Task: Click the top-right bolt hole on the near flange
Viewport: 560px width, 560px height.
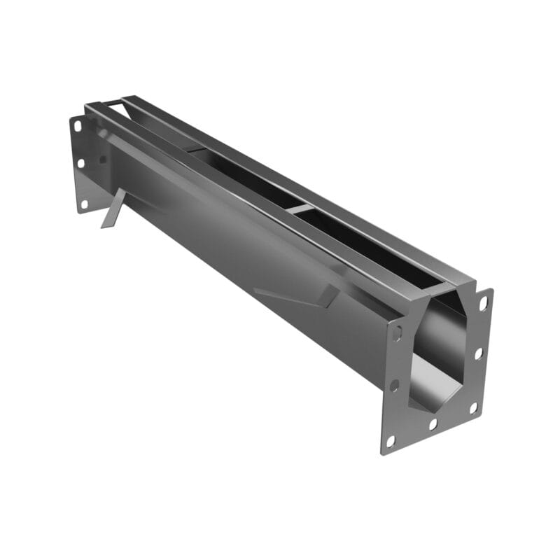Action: pyautogui.click(x=483, y=303)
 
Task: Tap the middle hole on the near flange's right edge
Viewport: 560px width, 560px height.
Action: pyautogui.click(x=479, y=353)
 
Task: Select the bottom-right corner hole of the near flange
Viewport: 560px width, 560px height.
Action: pyautogui.click(x=473, y=407)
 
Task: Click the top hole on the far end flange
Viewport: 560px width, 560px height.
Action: pyautogui.click(x=78, y=127)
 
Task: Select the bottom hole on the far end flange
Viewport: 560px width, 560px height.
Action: pyautogui.click(x=83, y=204)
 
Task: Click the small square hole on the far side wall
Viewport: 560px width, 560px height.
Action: pyautogui.click(x=103, y=159)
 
